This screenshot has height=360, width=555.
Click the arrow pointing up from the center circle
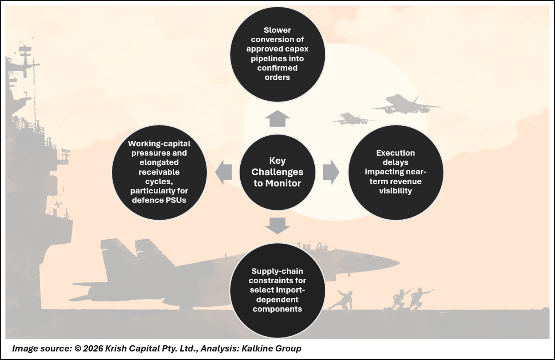277,119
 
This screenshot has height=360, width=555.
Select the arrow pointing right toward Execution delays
331,172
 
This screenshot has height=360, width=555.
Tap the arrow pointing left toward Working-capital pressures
224,172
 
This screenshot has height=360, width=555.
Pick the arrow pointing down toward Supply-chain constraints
277,225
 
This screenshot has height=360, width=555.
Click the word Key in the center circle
277,161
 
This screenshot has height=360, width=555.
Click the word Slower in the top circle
277,30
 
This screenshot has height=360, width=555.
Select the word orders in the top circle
277,77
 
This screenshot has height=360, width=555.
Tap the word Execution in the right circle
395,153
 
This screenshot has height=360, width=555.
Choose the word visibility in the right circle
395,191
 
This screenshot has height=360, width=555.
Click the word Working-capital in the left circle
159,144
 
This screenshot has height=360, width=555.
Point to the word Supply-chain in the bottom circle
277,271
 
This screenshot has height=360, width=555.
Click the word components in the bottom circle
277,309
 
